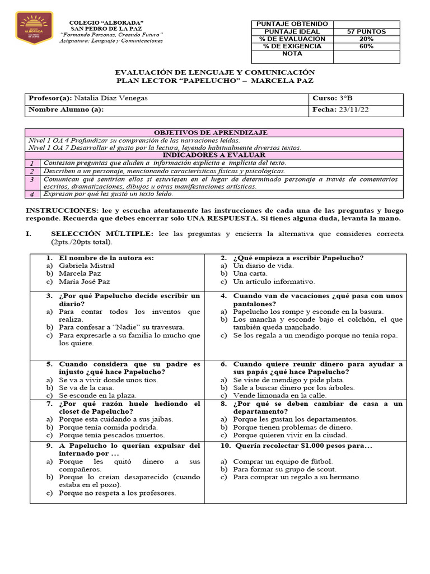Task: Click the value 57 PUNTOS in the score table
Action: (x=367, y=32)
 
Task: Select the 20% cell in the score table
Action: (x=367, y=39)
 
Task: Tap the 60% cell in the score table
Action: (x=367, y=47)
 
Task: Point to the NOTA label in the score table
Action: (x=292, y=54)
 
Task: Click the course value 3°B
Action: (x=345, y=98)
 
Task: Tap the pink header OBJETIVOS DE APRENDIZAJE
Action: (x=211, y=133)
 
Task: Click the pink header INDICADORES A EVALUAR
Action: (x=214, y=155)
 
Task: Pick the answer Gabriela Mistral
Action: (x=86, y=266)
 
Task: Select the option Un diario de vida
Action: (x=263, y=266)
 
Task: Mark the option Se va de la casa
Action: (x=86, y=387)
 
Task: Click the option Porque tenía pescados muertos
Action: (x=112, y=435)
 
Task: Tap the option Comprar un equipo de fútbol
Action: (x=283, y=461)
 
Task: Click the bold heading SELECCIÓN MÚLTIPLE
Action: (x=101, y=233)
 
